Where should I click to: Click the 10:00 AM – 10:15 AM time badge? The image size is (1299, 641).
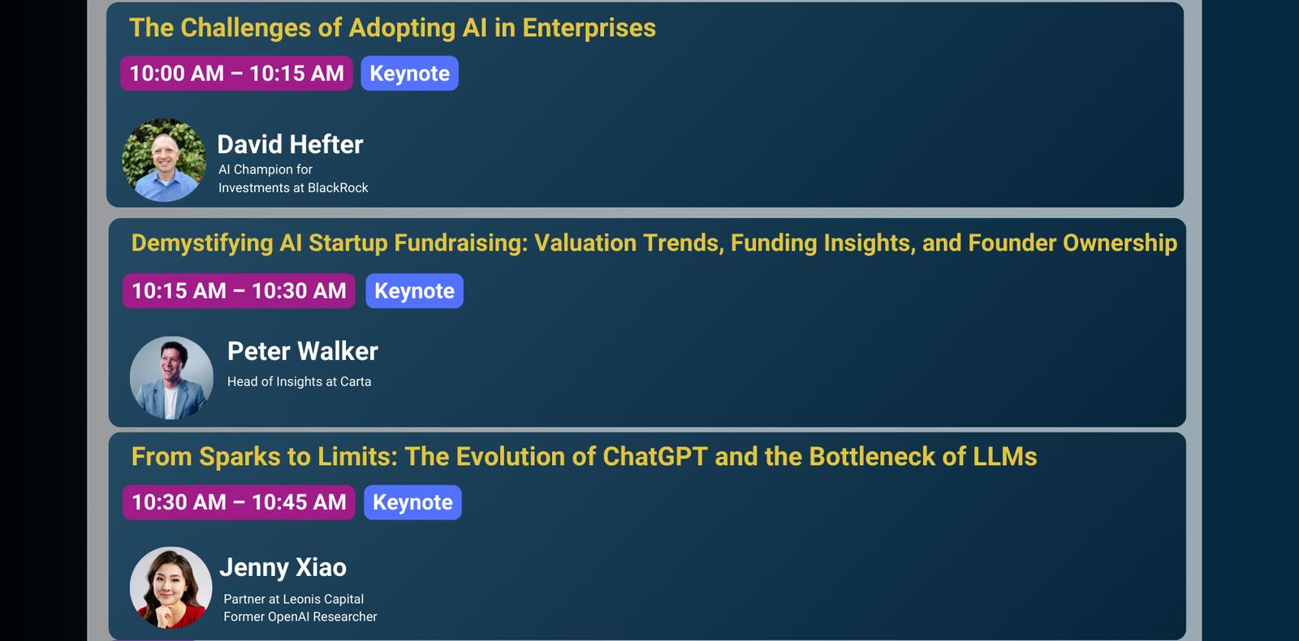236,73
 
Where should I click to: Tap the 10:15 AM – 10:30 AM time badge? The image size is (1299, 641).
239,290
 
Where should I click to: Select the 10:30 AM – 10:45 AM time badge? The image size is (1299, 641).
239,502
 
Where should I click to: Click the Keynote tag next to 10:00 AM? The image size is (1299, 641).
409,73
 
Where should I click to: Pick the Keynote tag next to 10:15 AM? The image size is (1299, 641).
414,290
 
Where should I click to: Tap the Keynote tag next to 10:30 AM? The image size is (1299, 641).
412,502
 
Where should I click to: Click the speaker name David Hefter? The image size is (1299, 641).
290,144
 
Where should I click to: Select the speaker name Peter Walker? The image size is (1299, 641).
303,351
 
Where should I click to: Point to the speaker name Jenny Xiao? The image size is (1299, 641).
283,567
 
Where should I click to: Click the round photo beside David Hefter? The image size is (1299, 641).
164,160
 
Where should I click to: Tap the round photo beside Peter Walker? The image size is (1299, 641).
171,378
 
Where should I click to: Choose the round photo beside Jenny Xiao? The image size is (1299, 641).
171,587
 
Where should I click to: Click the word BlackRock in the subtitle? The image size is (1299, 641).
338,187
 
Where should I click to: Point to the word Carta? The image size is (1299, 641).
356,382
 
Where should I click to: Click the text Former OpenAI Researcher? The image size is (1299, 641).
300,617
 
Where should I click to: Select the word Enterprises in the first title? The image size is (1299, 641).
589,28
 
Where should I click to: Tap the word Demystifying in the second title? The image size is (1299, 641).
202,243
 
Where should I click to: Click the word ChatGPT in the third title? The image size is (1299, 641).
654,457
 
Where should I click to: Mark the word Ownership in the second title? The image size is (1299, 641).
1120,243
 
